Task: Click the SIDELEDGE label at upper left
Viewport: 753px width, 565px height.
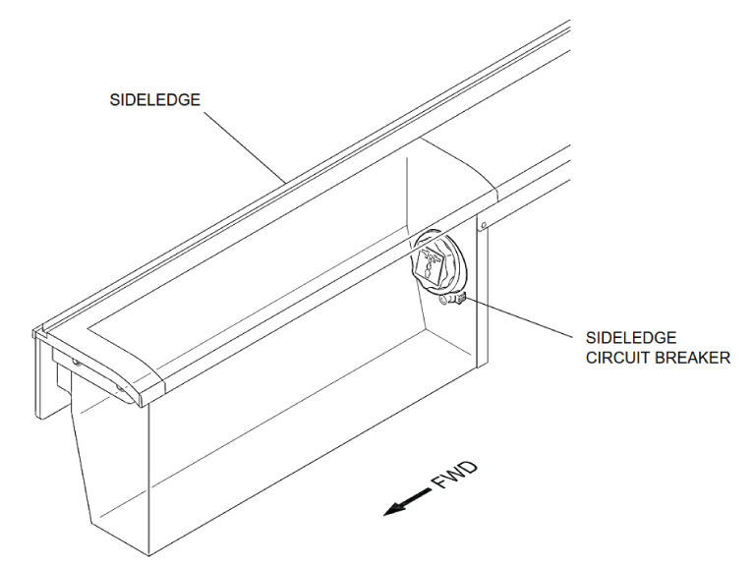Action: [x=154, y=100]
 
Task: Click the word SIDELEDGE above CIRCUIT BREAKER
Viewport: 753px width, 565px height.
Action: [x=631, y=337]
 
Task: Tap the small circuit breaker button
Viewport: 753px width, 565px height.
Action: [x=460, y=299]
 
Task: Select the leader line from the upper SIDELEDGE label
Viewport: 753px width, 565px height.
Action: [x=246, y=146]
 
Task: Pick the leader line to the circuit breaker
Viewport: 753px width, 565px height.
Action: [x=520, y=317]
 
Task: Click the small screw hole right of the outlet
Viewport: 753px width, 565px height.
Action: [x=484, y=225]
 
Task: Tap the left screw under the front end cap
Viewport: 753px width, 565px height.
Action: [x=75, y=363]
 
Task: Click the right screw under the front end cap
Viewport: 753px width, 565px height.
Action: [x=120, y=386]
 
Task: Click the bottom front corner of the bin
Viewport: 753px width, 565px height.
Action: [x=149, y=556]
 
